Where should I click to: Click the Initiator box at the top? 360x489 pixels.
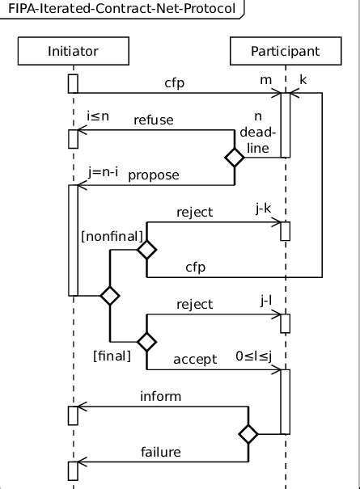tap(73, 51)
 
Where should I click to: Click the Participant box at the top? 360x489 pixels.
tap(285, 51)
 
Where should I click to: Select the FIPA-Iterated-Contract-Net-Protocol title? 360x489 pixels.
tap(121, 10)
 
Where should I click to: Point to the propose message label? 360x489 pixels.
tap(154, 174)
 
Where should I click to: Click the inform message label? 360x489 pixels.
tap(161, 396)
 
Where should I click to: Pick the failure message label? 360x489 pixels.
tap(161, 452)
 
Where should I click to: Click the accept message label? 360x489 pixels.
tap(195, 358)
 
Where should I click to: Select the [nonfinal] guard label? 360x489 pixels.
tap(112, 235)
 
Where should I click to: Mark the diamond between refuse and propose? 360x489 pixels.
tap(234, 158)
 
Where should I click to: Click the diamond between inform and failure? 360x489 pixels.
tap(248, 435)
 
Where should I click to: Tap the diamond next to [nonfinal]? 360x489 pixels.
tap(146, 251)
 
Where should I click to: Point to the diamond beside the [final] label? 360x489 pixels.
tap(146, 342)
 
